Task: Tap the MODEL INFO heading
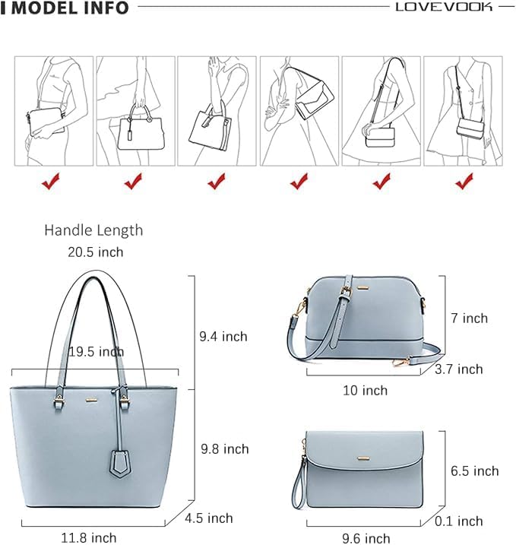point(71,8)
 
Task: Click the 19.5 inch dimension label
point(96,352)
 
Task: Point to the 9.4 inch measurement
point(223,336)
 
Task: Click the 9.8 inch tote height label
point(224,449)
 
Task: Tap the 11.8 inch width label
point(89,537)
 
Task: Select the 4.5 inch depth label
point(209,518)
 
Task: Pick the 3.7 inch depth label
point(458,369)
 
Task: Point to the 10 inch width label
point(364,390)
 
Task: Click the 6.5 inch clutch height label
point(474,471)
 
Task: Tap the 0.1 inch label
point(458,521)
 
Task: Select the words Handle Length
point(93,230)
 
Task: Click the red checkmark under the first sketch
point(51,181)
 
